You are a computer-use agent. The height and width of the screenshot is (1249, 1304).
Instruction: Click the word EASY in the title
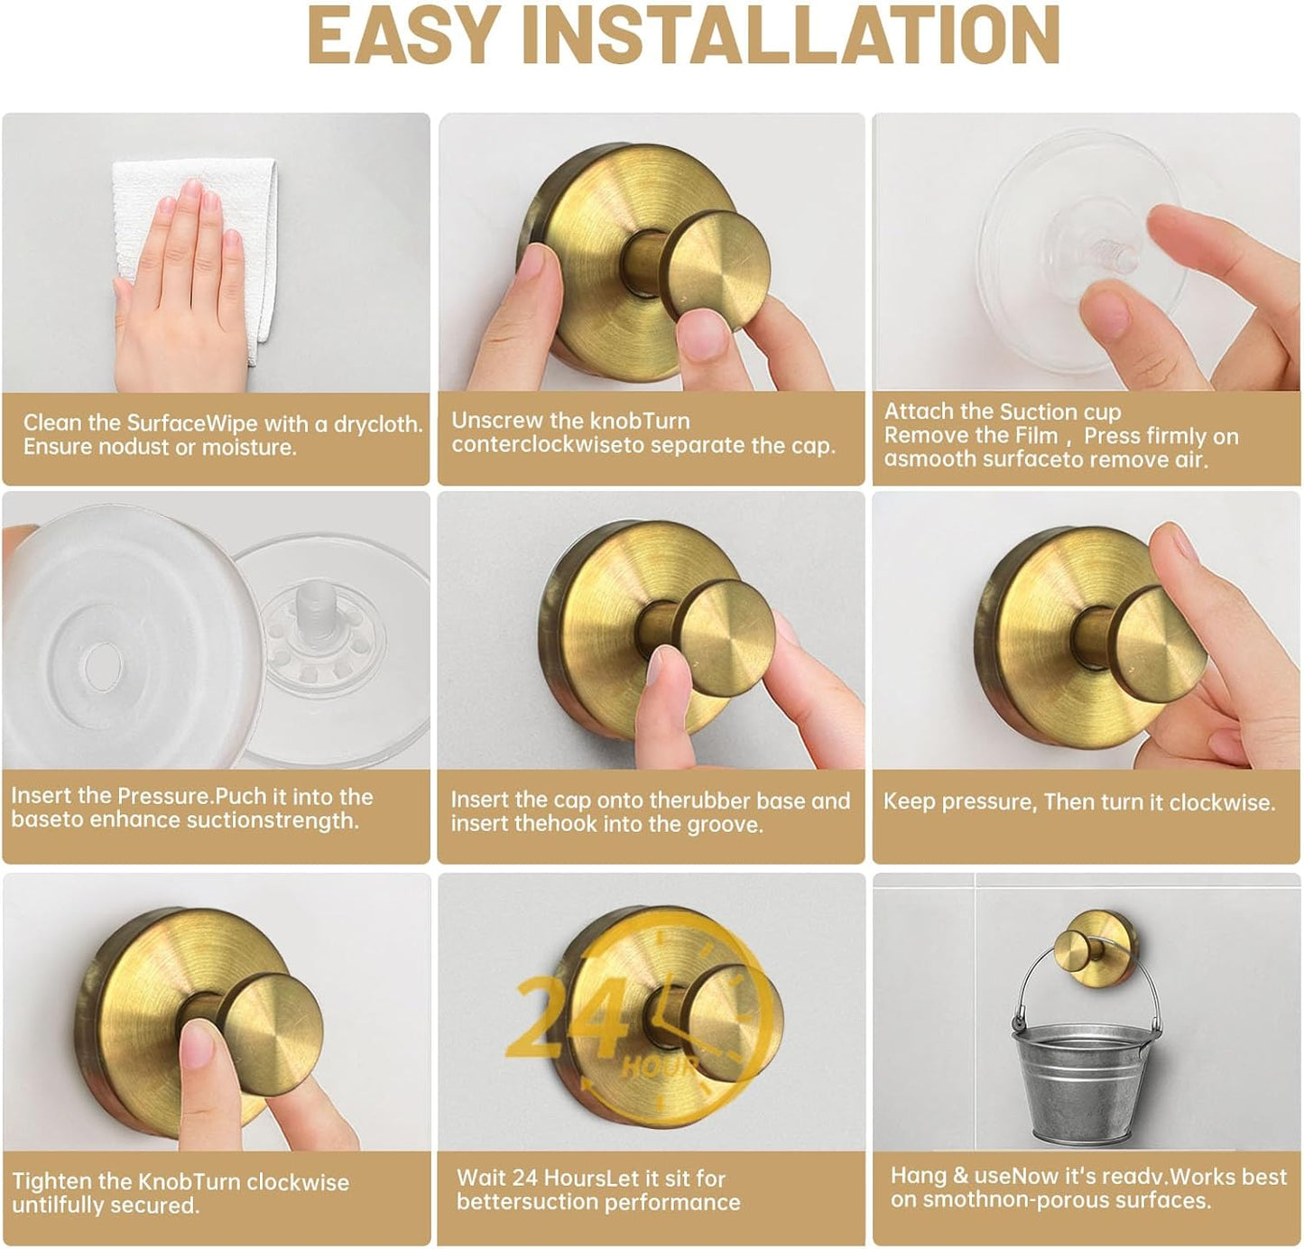point(402,35)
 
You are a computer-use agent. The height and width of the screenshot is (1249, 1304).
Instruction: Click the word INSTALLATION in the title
point(791,35)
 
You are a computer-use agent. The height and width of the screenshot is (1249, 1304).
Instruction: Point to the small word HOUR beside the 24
point(660,1068)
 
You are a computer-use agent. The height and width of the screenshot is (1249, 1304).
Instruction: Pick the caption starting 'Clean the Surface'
point(222,435)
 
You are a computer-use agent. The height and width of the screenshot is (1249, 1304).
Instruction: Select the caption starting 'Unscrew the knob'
point(643,433)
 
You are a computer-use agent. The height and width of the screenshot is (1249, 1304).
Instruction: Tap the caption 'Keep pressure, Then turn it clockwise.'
point(1078,801)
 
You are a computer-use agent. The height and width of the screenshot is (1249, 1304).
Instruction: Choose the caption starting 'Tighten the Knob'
point(180,1193)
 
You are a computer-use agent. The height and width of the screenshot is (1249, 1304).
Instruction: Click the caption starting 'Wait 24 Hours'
point(597,1189)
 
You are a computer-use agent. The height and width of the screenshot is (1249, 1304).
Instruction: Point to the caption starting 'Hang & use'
point(1087,1188)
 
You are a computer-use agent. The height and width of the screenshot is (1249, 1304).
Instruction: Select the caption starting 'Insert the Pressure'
point(191,808)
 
